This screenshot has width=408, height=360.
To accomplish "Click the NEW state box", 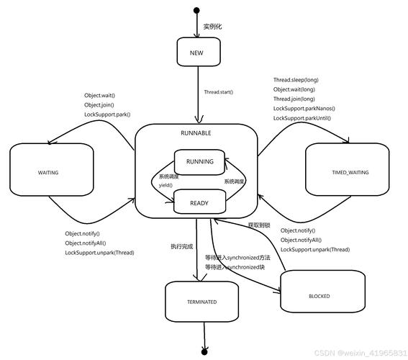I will (x=197, y=53).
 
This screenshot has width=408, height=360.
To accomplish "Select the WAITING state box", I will (x=48, y=173).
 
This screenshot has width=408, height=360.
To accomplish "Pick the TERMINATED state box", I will (x=201, y=302).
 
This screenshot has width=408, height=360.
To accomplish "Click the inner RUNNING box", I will (x=199, y=162).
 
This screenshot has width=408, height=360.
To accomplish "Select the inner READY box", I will (x=199, y=203).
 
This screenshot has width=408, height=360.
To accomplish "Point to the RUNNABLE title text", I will (x=196, y=134).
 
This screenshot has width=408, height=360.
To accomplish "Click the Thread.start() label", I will (x=219, y=92).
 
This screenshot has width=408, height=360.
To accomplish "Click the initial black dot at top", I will (x=196, y=10).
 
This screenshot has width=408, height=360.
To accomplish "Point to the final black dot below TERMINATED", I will (x=204, y=351).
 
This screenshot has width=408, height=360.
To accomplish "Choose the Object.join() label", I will (x=99, y=105).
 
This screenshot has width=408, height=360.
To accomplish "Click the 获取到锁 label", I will (x=258, y=225).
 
